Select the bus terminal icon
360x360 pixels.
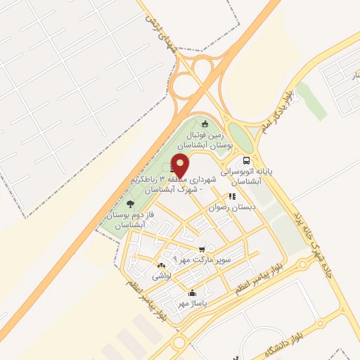pos(245,160)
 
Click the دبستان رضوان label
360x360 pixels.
pos(233,207)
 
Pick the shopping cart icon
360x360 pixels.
pos(202,249)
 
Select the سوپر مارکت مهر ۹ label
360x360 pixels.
pos(218,260)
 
